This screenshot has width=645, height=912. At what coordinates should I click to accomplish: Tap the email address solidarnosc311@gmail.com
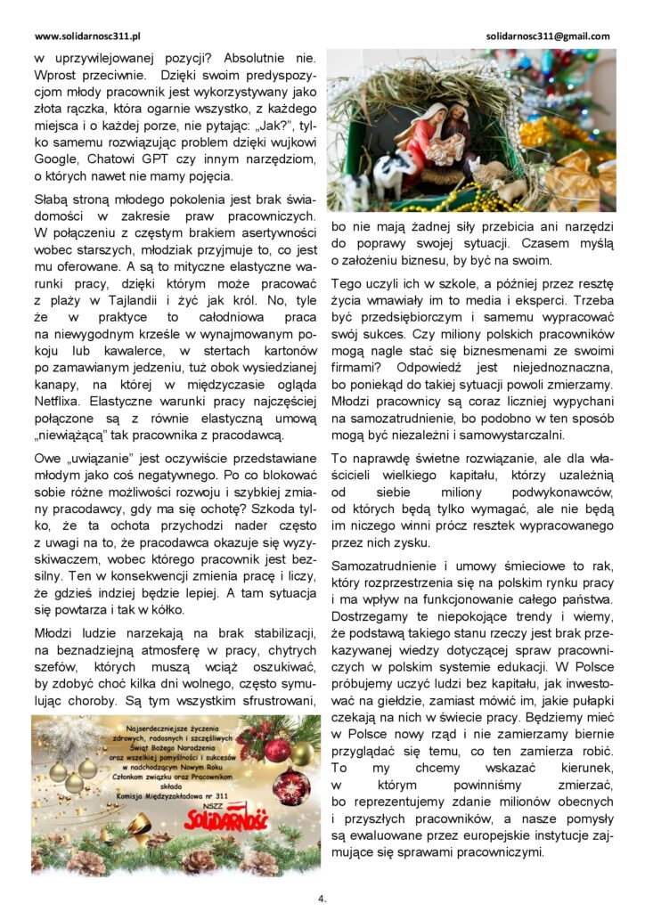click(549, 37)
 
